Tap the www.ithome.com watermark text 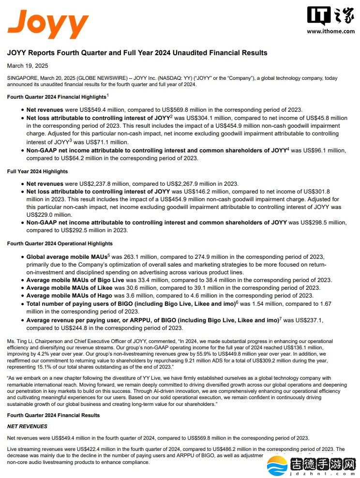point(330,31)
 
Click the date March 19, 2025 point(28,66)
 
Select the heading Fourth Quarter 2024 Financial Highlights point(57,97)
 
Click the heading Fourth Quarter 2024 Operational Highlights point(60,244)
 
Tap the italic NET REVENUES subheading point(27,426)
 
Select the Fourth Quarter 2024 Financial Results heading point(53,415)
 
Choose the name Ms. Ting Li point(20,341)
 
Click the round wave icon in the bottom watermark point(278,466)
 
